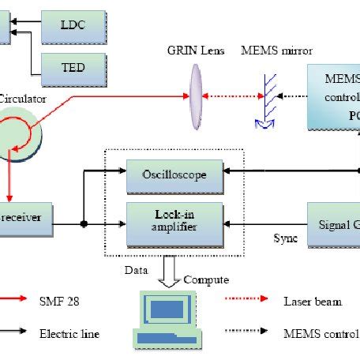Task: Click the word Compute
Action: coord(206,279)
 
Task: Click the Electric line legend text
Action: coord(70,334)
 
